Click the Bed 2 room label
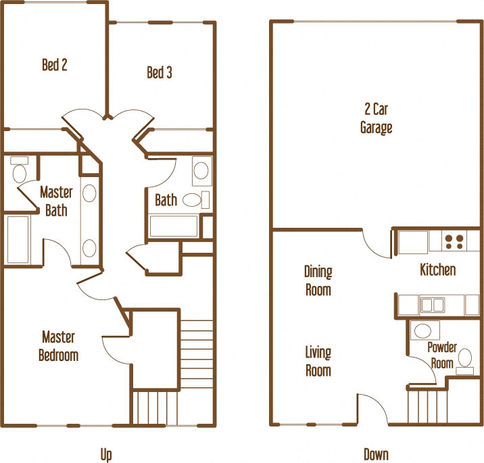tap(55, 66)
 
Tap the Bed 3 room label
tap(160, 72)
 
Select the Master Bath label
tap(56, 201)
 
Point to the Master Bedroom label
tap(59, 346)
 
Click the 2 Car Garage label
tap(376, 118)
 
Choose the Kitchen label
tap(438, 270)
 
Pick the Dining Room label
tap(318, 281)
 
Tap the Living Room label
tap(318, 362)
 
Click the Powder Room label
tap(442, 355)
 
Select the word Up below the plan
tap(106, 455)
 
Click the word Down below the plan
tap(376, 454)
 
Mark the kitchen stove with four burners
tap(454, 241)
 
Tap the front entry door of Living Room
tap(372, 410)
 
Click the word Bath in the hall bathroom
tap(166, 200)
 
